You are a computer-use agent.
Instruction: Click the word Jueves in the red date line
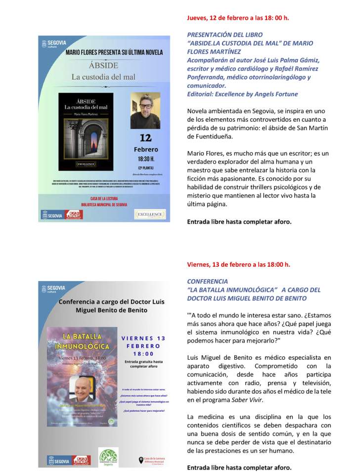197,18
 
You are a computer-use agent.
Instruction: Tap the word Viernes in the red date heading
199,264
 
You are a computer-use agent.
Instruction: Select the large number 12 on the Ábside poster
145,137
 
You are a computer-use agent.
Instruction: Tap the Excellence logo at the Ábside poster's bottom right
150,214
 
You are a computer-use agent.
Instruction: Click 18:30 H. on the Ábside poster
145,159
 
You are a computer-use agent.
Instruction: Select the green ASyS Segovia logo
109,456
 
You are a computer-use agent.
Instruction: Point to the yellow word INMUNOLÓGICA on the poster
82,346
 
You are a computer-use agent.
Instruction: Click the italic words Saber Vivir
249,400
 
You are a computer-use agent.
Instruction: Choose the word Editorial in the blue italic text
200,94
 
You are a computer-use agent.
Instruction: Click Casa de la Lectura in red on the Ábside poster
104,198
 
